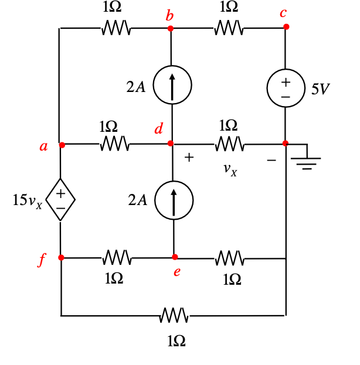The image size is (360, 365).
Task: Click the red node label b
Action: tap(169, 16)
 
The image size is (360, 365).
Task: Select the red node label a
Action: tap(43, 146)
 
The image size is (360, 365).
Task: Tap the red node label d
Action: tap(158, 129)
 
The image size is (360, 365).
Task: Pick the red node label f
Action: tap(42, 261)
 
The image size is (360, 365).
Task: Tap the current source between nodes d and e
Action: tap(174, 200)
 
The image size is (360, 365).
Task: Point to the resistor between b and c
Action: tap(229, 28)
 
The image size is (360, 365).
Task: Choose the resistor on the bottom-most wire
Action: tap(174, 316)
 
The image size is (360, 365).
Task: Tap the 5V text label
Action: tap(321, 89)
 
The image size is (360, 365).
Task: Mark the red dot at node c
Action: tap(286, 27)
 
